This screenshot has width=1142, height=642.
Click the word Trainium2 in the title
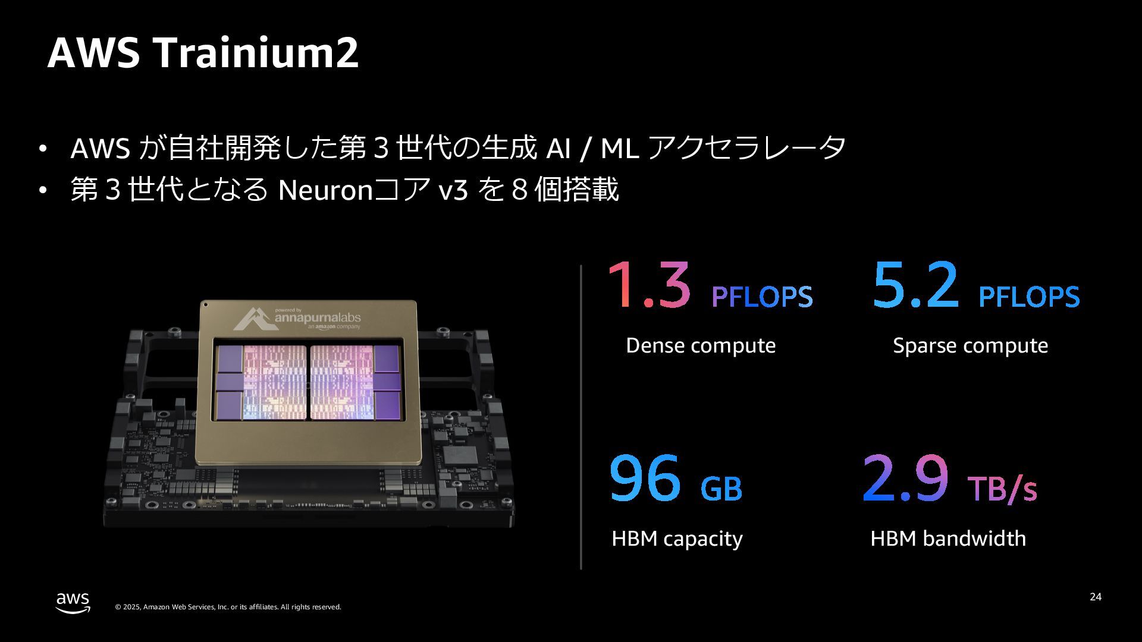click(257, 53)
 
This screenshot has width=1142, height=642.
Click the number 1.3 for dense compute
click(649, 286)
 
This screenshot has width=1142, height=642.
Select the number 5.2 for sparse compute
click(916, 286)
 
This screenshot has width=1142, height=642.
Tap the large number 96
click(645, 479)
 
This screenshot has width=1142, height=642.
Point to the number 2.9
click(905, 479)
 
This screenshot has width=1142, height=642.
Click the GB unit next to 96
click(721, 489)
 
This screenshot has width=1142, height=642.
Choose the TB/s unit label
click(1002, 489)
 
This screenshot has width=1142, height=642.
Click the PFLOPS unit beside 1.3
click(762, 297)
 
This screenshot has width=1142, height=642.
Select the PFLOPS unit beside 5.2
click(1029, 297)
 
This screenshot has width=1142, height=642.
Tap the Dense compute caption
click(701, 345)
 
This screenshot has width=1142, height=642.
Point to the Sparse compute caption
click(970, 345)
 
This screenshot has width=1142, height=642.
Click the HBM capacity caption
click(677, 539)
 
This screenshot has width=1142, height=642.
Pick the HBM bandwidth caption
click(948, 539)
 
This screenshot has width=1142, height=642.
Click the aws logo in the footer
click(73, 602)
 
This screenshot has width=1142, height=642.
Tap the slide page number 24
click(1096, 597)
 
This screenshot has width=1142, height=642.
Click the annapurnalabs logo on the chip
click(297, 319)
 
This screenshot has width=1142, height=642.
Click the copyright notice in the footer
click(228, 607)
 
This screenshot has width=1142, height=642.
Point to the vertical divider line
click(581, 416)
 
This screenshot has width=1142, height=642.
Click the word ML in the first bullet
click(619, 149)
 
